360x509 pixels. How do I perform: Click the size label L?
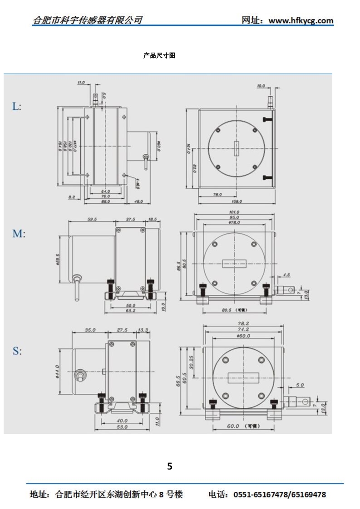click(x=17, y=107)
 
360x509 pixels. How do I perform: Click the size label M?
click(x=19, y=234)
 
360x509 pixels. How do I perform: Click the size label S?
click(x=17, y=351)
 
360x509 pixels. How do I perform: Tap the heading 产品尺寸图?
click(x=159, y=56)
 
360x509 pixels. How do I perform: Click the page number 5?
click(x=170, y=466)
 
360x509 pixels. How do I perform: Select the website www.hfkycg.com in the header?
click(x=301, y=20)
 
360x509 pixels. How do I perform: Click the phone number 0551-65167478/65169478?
click(x=280, y=494)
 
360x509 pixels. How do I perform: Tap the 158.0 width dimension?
click(x=236, y=201)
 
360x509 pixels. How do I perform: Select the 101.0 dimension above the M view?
click(x=235, y=212)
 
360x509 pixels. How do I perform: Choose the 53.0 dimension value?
click(x=122, y=427)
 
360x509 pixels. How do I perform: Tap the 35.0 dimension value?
click(x=90, y=330)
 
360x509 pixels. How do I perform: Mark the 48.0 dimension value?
click(x=138, y=201)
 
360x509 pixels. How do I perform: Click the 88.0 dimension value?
click(x=106, y=201)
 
